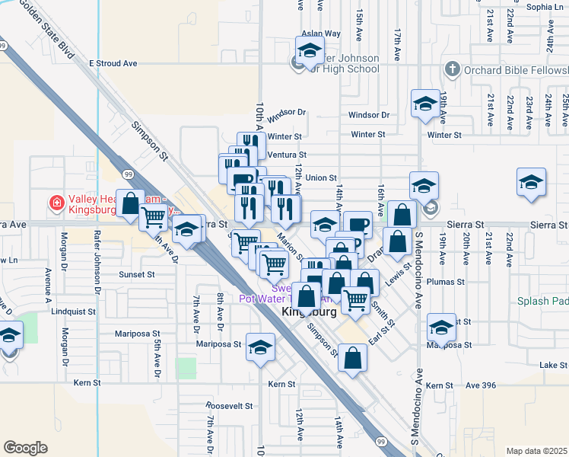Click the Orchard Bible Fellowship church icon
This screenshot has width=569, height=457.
452,69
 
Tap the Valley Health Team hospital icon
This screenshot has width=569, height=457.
56,203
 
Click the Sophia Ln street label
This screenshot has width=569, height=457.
544,7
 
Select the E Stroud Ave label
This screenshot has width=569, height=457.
113,63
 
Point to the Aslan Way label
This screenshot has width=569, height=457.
321,34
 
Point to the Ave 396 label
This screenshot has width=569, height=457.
481,385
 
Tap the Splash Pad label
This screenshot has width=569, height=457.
543,301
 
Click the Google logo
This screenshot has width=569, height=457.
25,448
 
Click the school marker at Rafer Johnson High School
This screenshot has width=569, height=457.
309,52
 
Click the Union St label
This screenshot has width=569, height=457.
322,178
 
